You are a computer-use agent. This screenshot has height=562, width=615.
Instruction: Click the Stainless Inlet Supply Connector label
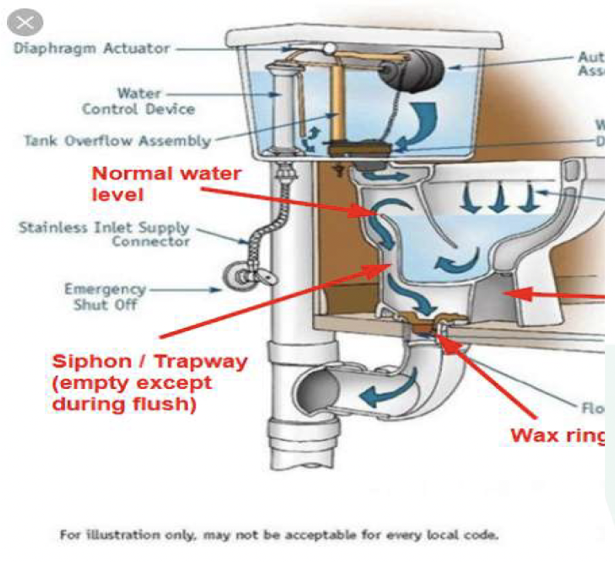tap(104, 234)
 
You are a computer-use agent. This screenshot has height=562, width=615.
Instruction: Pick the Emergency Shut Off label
tap(105, 296)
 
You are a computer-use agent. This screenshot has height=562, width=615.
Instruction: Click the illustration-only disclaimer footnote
tap(279, 534)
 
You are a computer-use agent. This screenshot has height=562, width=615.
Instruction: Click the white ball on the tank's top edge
tap(330, 48)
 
